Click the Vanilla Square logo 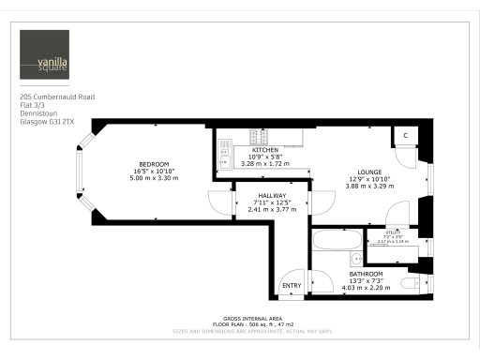(x=46, y=55)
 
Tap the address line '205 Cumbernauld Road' (x=57, y=97)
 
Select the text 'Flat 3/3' (x=34, y=105)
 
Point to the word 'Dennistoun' (x=38, y=113)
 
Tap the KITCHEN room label (x=264, y=150)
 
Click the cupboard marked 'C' (x=405, y=135)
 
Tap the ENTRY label (x=292, y=286)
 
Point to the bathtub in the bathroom (x=329, y=239)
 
